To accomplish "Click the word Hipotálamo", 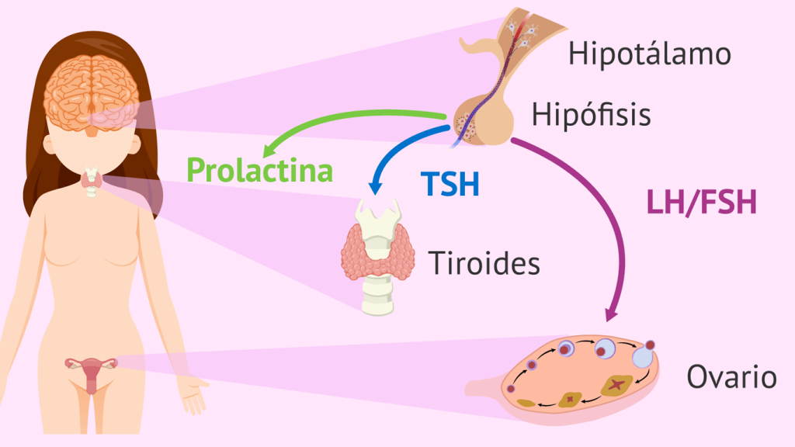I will [649, 54].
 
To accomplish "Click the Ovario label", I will [731, 378].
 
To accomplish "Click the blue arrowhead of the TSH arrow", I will [377, 186].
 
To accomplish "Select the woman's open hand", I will [194, 393].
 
